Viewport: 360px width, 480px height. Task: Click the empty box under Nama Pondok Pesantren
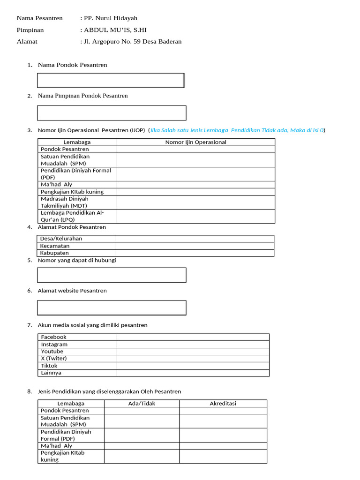pos(111,80)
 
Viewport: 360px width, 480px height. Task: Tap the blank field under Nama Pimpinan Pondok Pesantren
pos(112,113)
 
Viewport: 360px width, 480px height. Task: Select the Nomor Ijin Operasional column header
pos(196,142)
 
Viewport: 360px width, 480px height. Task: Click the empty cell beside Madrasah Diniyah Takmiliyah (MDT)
pos(196,202)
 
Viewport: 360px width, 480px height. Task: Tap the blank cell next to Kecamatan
pos(195,246)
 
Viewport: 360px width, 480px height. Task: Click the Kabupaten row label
pos(54,253)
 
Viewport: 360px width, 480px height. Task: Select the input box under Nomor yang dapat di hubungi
pos(112,275)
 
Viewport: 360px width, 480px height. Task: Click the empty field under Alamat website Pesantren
pos(112,307)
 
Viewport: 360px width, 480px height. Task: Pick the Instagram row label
pos(54,345)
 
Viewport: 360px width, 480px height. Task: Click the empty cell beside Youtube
pos(193,352)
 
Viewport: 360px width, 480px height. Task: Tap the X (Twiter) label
pos(54,359)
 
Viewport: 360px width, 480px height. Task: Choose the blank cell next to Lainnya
pos(193,373)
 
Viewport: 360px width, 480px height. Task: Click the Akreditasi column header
pos(223,404)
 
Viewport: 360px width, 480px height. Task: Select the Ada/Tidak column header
pos(142,404)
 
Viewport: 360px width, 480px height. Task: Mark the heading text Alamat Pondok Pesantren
pos(72,227)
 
